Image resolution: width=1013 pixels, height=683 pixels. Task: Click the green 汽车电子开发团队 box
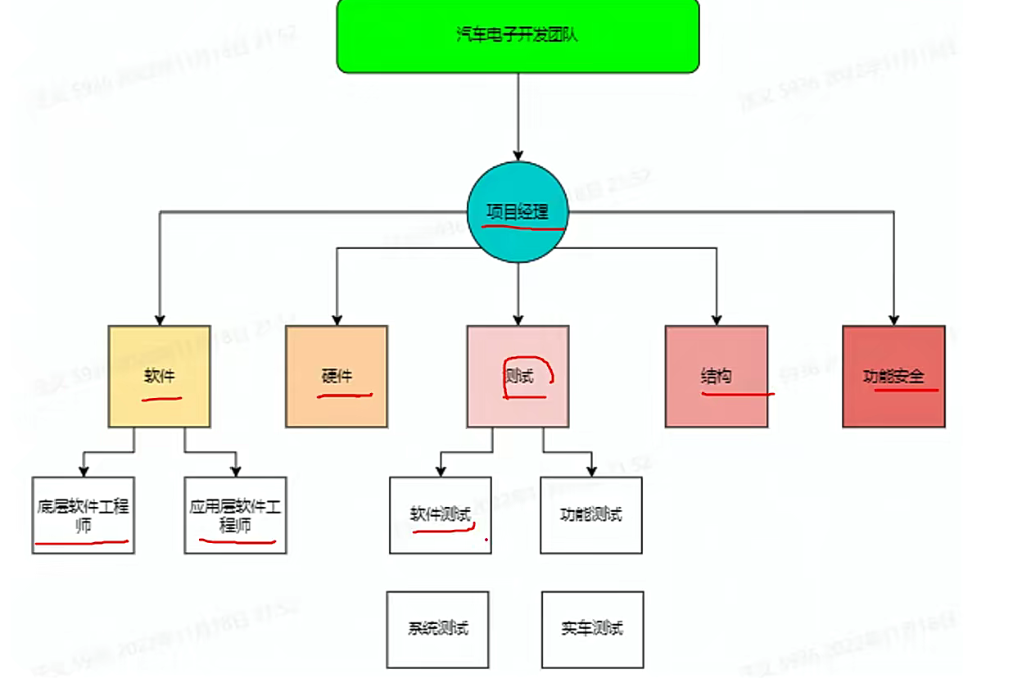pyautogui.click(x=518, y=35)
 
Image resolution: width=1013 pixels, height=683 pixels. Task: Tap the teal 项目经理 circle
pyautogui.click(x=518, y=211)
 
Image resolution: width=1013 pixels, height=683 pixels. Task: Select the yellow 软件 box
pyautogui.click(x=160, y=376)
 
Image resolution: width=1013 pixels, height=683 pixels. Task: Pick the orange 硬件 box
pyautogui.click(x=337, y=376)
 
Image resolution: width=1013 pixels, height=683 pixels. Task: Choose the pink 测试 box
pyautogui.click(x=518, y=376)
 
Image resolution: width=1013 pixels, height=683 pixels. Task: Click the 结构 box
pyautogui.click(x=717, y=376)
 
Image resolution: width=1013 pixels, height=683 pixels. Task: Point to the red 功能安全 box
pyautogui.click(x=893, y=376)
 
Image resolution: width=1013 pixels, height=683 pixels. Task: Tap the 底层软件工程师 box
pyautogui.click(x=83, y=515)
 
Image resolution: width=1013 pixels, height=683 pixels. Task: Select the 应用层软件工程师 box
pyautogui.click(x=235, y=515)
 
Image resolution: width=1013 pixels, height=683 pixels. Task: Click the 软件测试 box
pyautogui.click(x=441, y=515)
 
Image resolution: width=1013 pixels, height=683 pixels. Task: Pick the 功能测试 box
pyautogui.click(x=591, y=515)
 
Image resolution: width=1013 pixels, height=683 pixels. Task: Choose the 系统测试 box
pyautogui.click(x=438, y=629)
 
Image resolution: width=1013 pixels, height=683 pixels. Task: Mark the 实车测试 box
pyautogui.click(x=592, y=629)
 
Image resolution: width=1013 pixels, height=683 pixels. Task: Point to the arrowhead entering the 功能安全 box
pyautogui.click(x=893, y=319)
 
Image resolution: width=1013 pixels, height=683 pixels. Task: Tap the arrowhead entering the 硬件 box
pyautogui.click(x=337, y=319)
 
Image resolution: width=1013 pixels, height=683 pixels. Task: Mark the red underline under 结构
pyautogui.click(x=737, y=394)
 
